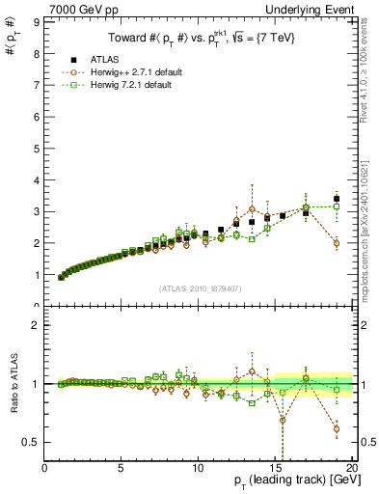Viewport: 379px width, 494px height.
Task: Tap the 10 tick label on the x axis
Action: coord(199,468)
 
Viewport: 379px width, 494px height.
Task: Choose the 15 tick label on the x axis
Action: coord(276,468)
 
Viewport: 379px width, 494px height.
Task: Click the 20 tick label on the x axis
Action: coord(351,468)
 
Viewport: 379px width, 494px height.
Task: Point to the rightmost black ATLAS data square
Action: coord(337,199)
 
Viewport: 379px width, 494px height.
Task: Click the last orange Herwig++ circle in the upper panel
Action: coord(337,243)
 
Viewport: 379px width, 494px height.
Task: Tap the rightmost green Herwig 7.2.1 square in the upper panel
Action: coord(337,206)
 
